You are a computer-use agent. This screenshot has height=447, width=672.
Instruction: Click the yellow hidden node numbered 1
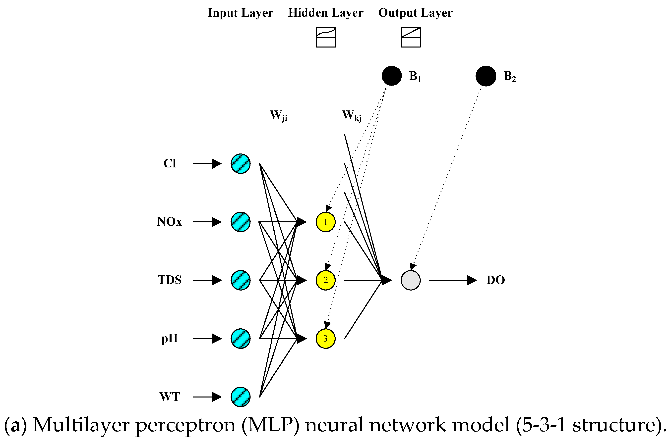coord(325,222)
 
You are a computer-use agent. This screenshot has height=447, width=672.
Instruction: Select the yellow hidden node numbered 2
coord(325,280)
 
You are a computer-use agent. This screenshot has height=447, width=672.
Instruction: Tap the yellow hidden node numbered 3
coord(325,339)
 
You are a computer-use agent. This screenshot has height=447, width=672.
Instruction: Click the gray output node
coord(411,280)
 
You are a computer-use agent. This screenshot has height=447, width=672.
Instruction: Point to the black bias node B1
coord(392,76)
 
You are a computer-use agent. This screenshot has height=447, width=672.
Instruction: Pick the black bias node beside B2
coord(486,76)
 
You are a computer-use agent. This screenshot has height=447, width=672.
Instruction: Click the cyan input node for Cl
coord(241,164)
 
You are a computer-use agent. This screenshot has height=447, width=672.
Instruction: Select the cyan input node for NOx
coord(241,222)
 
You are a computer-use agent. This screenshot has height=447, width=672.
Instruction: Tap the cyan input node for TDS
coord(241,280)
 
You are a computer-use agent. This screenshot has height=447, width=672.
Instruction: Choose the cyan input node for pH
coord(241,339)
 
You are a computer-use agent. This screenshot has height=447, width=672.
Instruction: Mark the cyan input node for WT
coord(241,397)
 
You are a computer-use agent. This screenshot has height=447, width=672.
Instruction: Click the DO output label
coord(496,280)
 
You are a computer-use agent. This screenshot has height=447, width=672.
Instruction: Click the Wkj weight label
coord(352,116)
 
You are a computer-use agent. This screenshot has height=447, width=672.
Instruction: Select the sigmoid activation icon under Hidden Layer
coord(326,37)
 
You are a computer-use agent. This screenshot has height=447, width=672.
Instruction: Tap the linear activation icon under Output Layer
coord(411,37)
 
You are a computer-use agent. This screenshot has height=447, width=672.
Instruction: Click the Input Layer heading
coord(241,13)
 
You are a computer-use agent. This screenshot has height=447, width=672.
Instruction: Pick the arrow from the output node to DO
coord(453,280)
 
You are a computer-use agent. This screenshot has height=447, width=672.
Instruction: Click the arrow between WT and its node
coord(207,397)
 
